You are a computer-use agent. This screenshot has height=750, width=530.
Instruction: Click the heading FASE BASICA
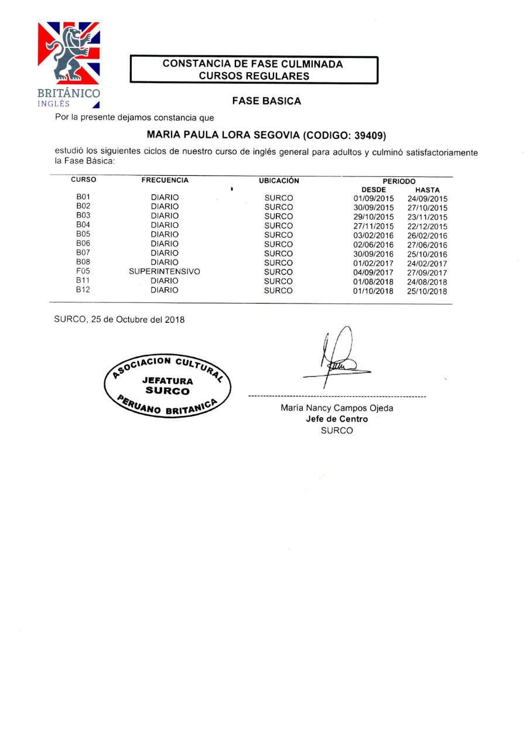point(266,101)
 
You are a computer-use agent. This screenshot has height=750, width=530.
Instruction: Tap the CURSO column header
point(83,180)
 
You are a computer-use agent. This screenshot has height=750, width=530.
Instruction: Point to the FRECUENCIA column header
point(165,180)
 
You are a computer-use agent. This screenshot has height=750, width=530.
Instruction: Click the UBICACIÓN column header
point(279,180)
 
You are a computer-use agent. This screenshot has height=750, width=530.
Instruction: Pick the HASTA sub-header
point(427,190)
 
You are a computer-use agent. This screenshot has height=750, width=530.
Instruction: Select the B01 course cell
point(83,197)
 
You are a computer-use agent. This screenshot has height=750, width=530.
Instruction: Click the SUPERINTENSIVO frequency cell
point(165,272)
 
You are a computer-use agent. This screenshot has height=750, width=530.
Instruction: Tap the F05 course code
point(83,272)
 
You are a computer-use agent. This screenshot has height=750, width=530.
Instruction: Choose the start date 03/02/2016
point(370,236)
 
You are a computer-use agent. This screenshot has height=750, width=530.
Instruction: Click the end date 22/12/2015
point(427,226)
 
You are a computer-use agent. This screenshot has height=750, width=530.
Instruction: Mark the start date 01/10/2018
point(370,291)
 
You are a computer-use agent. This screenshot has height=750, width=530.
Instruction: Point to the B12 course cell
point(83,290)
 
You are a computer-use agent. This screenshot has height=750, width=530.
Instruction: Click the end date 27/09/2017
point(427,272)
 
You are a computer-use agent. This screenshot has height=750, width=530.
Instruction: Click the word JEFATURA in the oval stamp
point(167,381)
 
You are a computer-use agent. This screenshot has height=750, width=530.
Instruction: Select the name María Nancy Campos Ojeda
point(337,408)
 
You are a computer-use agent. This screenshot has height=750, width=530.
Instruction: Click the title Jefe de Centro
point(337,419)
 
